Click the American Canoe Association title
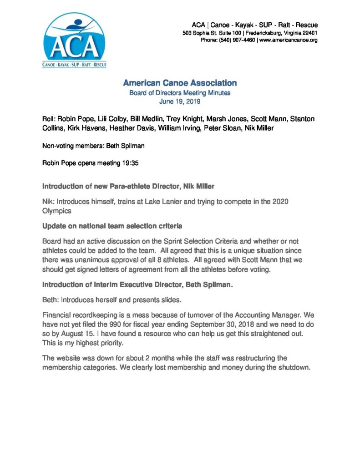pyautogui.click(x=180, y=83)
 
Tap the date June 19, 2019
pyautogui.click(x=180, y=101)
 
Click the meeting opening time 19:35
pyautogui.click(x=130, y=163)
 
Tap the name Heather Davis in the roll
pyautogui.click(x=136, y=129)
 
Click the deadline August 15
pyautogui.click(x=75, y=334)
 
